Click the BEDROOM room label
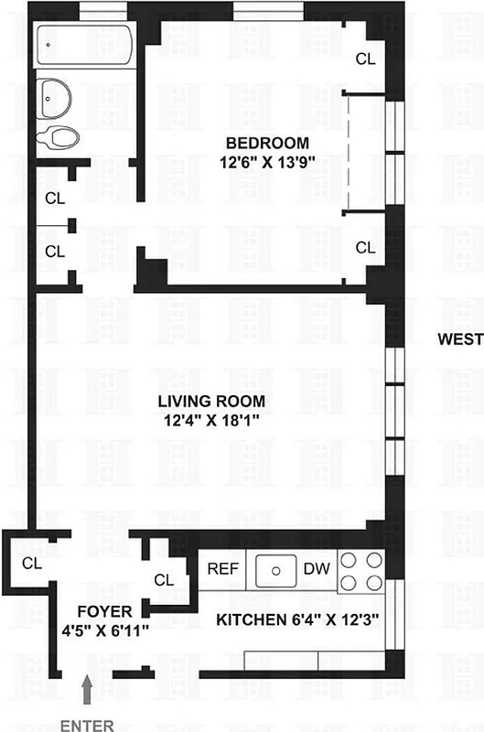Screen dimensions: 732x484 267,143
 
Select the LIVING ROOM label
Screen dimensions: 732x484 210,401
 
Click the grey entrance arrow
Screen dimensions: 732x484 87,688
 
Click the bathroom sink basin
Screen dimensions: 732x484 57,96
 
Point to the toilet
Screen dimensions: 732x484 59,138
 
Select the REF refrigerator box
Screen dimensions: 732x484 222,568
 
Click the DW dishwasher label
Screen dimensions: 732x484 314,568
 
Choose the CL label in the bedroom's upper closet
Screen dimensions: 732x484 365,59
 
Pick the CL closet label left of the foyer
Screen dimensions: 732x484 31,564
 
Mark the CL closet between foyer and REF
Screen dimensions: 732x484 165,580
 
